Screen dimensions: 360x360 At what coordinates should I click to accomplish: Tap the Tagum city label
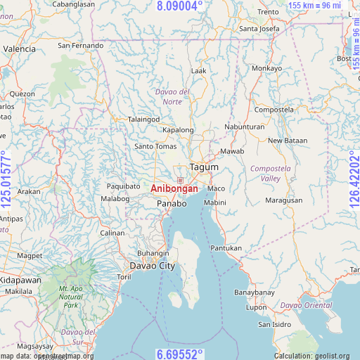(204, 168)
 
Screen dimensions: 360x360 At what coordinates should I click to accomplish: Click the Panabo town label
(172, 203)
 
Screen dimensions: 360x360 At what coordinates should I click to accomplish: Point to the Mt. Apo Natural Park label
(71, 297)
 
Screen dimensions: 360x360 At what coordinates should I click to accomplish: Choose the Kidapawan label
(20, 280)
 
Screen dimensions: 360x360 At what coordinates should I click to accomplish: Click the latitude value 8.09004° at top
(179, 6)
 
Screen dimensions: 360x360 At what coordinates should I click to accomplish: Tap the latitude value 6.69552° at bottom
(179, 353)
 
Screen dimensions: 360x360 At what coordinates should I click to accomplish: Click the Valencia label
(19, 49)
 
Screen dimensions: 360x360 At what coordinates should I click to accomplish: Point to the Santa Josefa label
(259, 29)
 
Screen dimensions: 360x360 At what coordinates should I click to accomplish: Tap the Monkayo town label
(266, 68)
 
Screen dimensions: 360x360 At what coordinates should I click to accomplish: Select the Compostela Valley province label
(265, 174)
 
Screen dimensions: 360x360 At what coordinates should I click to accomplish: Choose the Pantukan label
(226, 248)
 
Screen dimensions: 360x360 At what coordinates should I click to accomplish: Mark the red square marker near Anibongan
(180, 181)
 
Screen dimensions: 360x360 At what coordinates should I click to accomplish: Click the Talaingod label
(143, 119)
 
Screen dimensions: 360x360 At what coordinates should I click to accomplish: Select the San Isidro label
(274, 324)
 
